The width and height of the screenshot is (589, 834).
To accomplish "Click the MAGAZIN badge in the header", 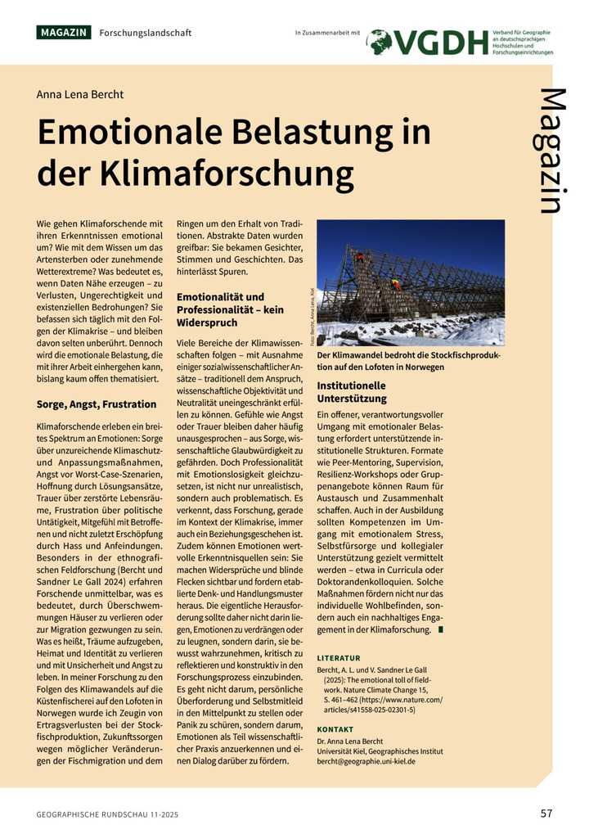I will (64, 33).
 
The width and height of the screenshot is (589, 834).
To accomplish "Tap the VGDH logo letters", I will (442, 43).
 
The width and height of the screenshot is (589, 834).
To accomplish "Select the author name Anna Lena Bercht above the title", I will (80, 94).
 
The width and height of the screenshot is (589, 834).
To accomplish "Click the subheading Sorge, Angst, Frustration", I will (97, 404).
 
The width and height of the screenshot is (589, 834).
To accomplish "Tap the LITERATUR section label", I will (338, 658).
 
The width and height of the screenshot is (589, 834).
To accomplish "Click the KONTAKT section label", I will (335, 729).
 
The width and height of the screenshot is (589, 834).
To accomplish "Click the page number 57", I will (546, 813).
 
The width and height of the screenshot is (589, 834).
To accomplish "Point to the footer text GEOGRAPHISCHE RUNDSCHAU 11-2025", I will (108, 814).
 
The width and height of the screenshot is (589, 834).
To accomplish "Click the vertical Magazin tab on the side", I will (553, 151).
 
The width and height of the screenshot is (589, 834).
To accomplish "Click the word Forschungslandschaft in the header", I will (146, 33).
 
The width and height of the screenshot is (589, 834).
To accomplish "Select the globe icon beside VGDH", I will (380, 42).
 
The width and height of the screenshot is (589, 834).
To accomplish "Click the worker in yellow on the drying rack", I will (395, 284).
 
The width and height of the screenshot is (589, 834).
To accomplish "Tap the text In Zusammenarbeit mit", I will (327, 33).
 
